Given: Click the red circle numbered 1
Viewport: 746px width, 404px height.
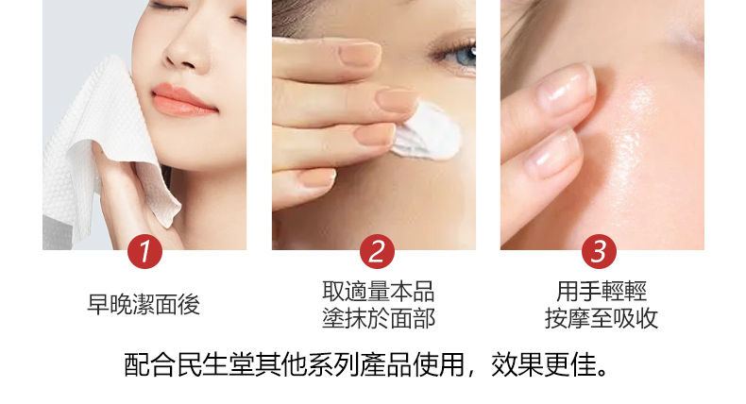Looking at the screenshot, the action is [144, 251].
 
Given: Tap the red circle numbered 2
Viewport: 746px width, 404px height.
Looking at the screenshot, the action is [377, 251].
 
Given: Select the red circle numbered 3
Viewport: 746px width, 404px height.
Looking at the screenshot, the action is [599, 251].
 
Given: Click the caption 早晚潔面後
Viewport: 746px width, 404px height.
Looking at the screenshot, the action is [144, 305].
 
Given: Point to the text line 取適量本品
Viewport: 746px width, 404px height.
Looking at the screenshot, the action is [379, 292].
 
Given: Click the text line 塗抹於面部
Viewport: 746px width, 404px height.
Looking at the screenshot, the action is [379, 318].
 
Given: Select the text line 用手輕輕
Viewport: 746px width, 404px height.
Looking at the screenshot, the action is [602, 292].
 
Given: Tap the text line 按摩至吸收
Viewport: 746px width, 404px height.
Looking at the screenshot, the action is [602, 318].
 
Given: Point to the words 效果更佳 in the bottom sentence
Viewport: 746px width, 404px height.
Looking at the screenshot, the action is [544, 365].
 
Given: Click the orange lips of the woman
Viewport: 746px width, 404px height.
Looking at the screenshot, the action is [183, 100].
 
